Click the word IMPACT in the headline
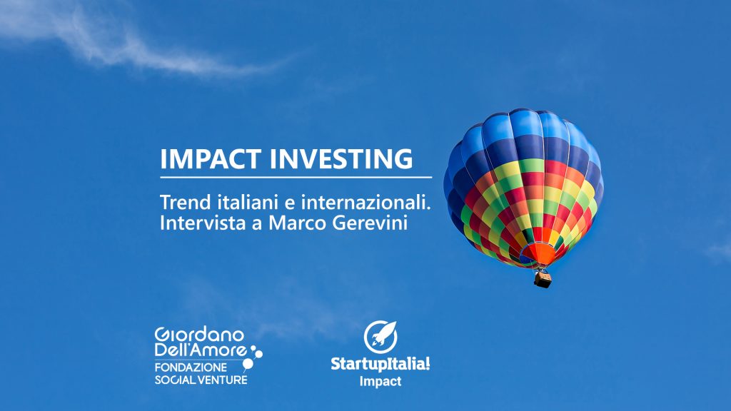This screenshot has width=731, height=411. click(x=211, y=158)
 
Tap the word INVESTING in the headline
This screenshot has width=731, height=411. click(x=341, y=158)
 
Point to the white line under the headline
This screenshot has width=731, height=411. click(x=296, y=178)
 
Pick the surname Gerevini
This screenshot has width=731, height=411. click(x=370, y=223)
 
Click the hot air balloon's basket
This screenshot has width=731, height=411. click(x=543, y=279)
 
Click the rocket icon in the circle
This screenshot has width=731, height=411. click(x=380, y=337)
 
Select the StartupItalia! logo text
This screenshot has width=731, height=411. click(x=380, y=363)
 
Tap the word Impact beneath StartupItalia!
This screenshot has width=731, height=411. click(x=380, y=381)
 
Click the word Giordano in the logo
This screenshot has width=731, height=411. click(x=199, y=335)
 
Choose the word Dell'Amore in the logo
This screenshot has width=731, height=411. click(x=201, y=350)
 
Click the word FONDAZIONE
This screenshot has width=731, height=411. click(x=191, y=367)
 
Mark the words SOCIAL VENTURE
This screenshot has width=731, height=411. click(x=201, y=380)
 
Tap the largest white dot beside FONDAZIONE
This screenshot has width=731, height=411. click(x=248, y=364)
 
